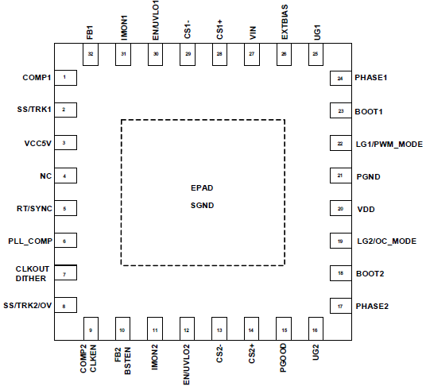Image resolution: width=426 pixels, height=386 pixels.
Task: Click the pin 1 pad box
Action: (65, 78)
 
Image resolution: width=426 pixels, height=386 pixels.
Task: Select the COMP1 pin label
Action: (37, 78)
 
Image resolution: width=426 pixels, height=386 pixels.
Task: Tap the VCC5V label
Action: (38, 143)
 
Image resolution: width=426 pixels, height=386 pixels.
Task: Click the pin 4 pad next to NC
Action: (65, 176)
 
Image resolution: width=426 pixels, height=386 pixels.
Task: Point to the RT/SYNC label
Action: (34, 208)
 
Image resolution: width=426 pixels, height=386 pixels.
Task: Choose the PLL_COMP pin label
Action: (30, 241)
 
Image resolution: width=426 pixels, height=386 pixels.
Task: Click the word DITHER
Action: (31, 279)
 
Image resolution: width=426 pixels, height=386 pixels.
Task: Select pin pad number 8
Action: (65, 305)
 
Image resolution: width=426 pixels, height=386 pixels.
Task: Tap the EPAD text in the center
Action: (202, 188)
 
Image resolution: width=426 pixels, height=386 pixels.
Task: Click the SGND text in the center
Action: (202, 206)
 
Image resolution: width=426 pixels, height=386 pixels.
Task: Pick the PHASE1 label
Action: (371, 78)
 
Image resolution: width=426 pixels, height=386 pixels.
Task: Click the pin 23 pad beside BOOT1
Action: (341, 110)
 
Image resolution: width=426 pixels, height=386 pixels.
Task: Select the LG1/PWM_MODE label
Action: (389, 144)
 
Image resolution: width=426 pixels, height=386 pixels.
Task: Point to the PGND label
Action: (368, 176)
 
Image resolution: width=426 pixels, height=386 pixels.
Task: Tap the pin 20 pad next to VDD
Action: (341, 208)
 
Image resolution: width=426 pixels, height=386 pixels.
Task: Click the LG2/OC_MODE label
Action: (386, 241)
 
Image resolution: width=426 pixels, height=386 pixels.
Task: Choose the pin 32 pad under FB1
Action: (91, 54)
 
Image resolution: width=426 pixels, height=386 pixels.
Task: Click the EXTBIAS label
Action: (285, 22)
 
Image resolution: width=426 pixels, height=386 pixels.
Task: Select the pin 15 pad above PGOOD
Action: (284, 329)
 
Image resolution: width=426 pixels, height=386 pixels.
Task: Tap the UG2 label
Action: (316, 353)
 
